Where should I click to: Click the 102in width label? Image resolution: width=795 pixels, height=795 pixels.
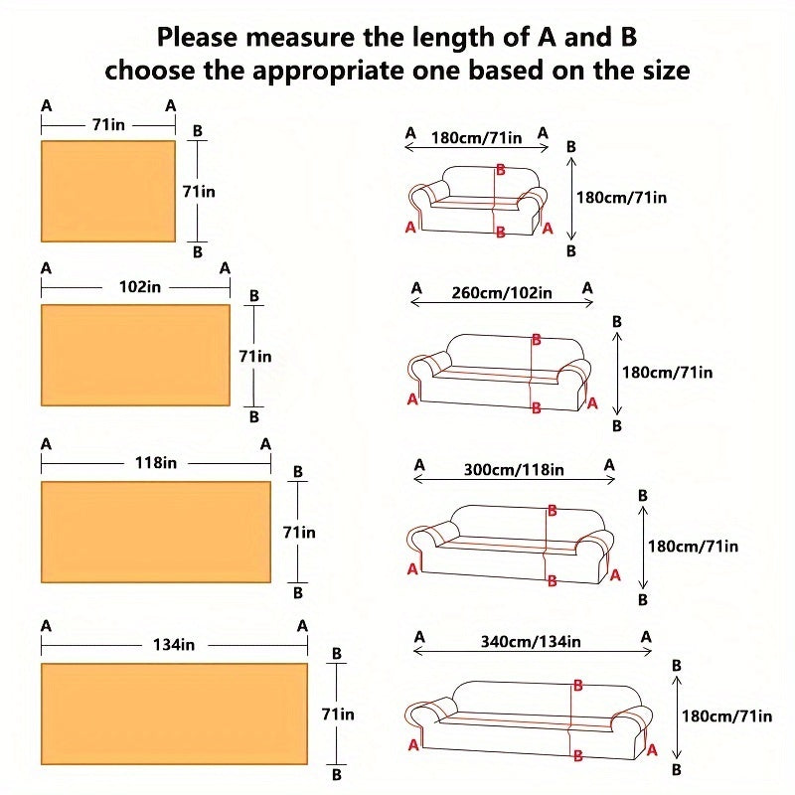[140, 287]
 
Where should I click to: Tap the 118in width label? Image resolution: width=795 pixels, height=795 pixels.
[156, 463]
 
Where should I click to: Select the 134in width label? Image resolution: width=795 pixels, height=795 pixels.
[174, 645]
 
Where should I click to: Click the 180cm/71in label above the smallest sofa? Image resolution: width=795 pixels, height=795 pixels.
[477, 138]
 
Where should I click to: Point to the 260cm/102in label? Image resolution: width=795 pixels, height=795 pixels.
[502, 293]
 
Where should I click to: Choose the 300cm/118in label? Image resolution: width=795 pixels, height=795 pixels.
[514, 469]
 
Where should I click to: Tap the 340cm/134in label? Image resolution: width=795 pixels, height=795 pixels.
[531, 641]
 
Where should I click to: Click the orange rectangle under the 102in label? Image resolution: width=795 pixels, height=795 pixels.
[135, 355]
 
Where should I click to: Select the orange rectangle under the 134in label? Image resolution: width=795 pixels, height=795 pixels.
[175, 714]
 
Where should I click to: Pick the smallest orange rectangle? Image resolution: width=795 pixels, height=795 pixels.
[108, 191]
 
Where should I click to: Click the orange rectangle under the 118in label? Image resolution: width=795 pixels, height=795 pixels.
[156, 532]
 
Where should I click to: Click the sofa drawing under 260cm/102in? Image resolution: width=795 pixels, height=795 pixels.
[499, 373]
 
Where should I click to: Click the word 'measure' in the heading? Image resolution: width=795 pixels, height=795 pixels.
[296, 38]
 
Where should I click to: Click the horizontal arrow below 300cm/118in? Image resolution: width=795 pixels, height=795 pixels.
[514, 479]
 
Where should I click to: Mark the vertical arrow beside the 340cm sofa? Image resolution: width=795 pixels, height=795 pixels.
[677, 716]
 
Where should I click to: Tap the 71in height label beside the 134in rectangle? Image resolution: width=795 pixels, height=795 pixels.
[338, 714]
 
